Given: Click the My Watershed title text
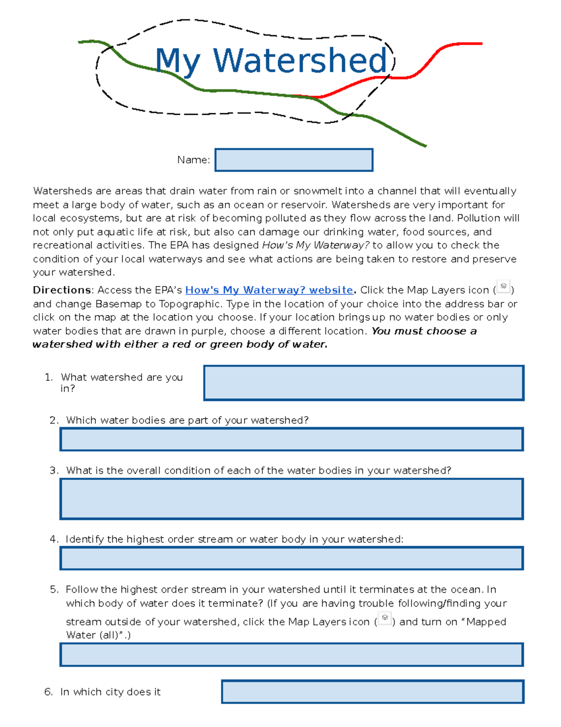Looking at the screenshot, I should [x=271, y=61].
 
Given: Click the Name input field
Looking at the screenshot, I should [x=294, y=160].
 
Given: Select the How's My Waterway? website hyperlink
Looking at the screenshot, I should [x=269, y=290].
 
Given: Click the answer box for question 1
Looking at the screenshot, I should [x=364, y=383].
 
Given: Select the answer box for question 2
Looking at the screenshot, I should [x=291, y=440].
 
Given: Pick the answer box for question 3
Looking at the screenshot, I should [x=291, y=499].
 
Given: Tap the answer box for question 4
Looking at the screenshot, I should [x=291, y=558].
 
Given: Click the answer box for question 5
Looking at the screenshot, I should [x=291, y=655].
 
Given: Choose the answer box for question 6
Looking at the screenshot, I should [x=373, y=692].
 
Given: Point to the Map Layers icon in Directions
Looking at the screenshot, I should [x=503, y=286].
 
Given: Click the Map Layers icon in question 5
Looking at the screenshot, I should [x=385, y=618].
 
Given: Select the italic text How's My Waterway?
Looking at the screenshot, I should [x=316, y=245].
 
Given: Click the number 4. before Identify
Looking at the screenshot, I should [x=54, y=539].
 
